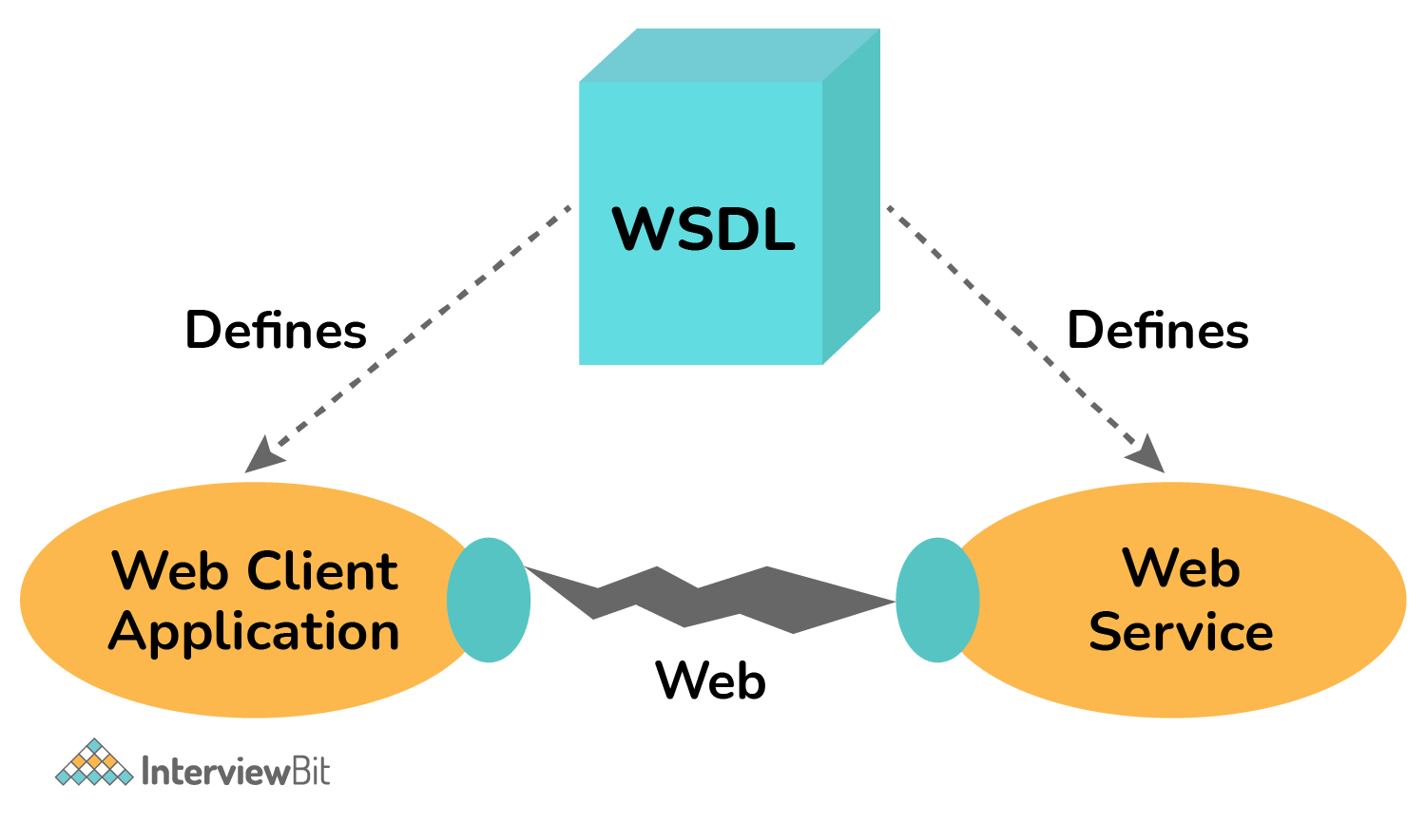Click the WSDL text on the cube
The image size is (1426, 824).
click(703, 229)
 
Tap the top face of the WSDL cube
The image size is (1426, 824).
click(729, 55)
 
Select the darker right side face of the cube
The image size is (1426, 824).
click(851, 195)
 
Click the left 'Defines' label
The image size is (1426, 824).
click(276, 330)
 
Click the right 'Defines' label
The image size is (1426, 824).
click(1157, 330)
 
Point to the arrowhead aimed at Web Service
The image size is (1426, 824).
click(1147, 454)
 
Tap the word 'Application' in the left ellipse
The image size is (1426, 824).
click(254, 633)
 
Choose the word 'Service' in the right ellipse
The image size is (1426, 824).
click(1181, 632)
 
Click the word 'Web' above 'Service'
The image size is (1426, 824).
click(1181, 568)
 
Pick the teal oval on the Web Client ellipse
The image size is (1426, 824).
click(489, 600)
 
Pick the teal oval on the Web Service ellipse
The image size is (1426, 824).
click(937, 600)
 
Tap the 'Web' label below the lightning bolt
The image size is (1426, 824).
click(710, 680)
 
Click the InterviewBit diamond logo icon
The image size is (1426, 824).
click(93, 764)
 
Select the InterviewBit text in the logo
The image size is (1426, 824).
click(235, 771)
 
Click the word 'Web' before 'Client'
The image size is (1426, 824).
click(171, 571)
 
